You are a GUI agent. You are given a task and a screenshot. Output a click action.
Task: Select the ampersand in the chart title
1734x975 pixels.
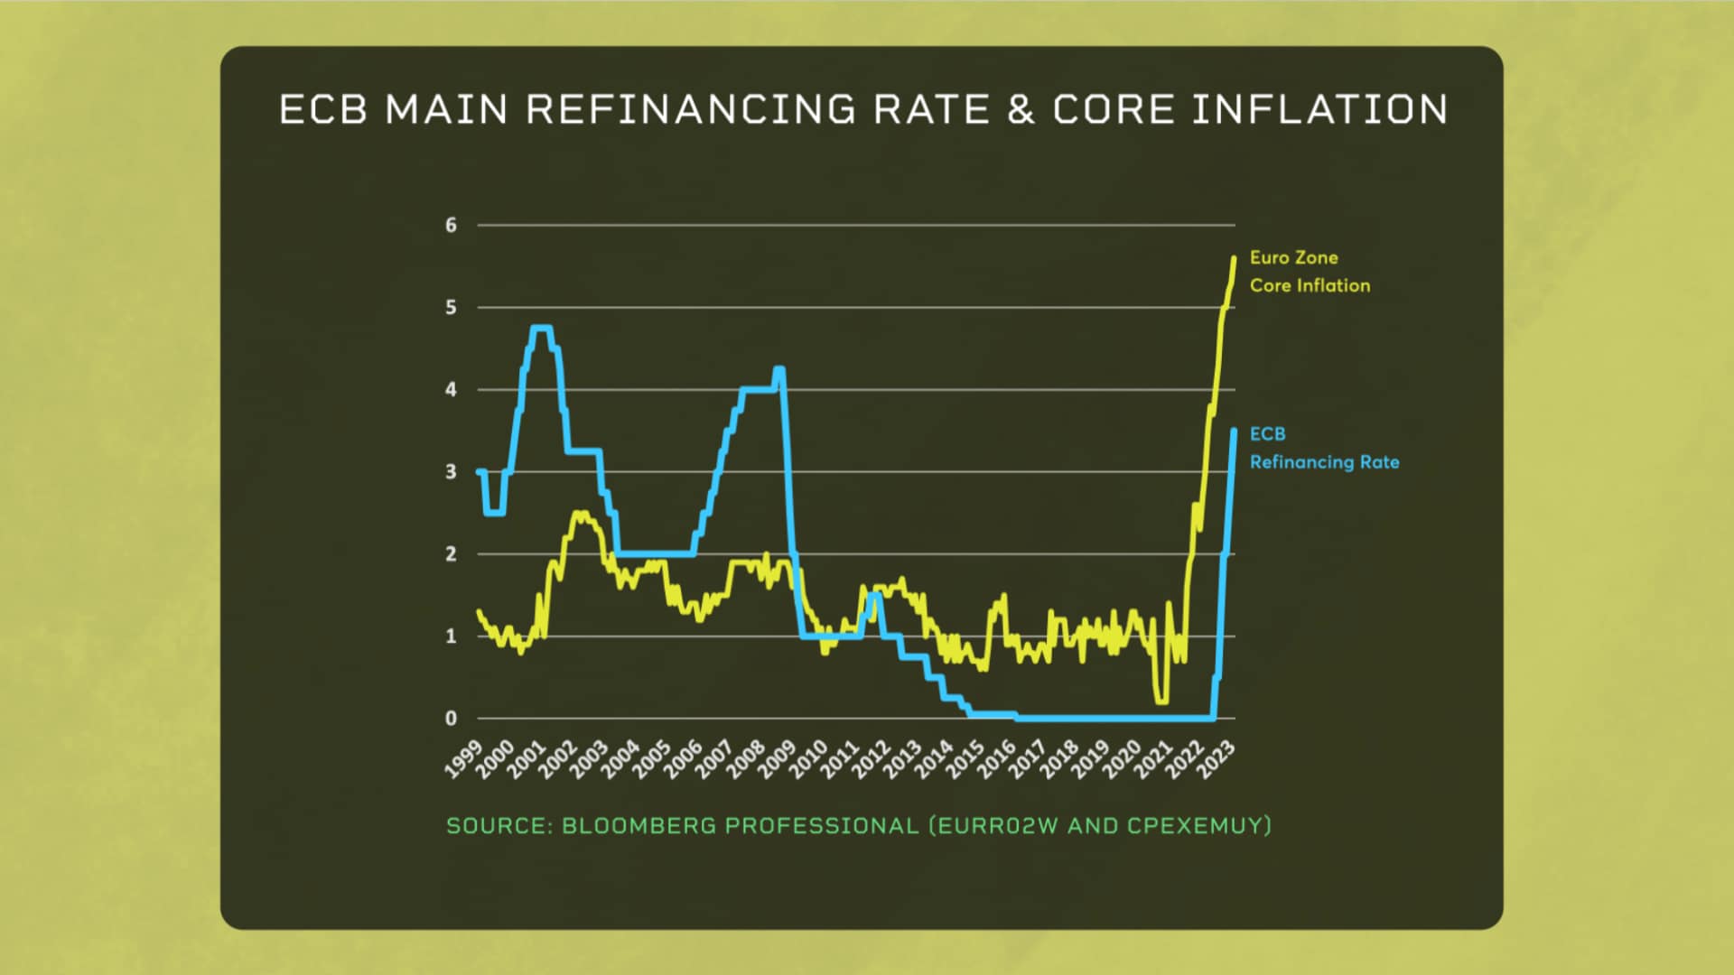coord(1020,110)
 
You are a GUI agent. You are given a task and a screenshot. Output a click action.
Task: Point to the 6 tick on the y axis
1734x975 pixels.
coord(451,225)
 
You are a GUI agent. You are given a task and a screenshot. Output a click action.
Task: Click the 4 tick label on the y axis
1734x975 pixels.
coord(451,390)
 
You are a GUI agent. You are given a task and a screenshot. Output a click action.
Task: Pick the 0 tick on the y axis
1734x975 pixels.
coord(451,719)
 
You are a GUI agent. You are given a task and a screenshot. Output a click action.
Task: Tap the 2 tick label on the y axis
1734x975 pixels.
coord(451,554)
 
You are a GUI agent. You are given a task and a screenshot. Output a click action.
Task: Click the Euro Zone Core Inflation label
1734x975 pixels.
coord(1309,272)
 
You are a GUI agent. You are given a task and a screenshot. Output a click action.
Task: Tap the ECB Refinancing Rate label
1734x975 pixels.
coord(1323,448)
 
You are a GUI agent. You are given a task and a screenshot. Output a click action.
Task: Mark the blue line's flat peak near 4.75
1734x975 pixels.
coord(541,328)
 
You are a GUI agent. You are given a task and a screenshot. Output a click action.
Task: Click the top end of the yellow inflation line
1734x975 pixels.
coord(1234,258)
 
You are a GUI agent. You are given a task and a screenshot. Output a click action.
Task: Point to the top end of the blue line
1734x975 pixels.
coord(1234,432)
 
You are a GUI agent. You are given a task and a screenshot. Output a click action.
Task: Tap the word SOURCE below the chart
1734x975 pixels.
coord(499,826)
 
